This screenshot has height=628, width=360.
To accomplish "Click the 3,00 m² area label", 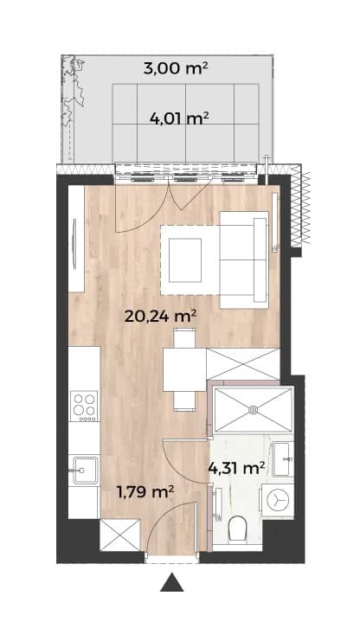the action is coord(176,68).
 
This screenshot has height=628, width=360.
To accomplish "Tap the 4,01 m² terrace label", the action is coord(179,119).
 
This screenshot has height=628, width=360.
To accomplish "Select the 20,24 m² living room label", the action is coord(160,317).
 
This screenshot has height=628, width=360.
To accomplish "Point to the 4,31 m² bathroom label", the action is coord(236,467).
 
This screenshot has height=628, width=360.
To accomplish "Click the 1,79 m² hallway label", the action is coord(145,491).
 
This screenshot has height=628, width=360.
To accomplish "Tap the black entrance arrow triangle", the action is coord(172,582).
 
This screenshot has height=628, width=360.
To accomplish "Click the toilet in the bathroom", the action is coord(236,528).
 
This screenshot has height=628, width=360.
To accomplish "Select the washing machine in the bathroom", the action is coord(278,501).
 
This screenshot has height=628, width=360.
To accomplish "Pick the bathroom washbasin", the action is coord(283,459).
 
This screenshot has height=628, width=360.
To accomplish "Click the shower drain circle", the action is coord(253,410).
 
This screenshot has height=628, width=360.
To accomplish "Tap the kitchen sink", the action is coord(84,471).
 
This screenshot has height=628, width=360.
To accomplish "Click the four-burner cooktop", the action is coord(84,406).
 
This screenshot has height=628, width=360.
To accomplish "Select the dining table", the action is coord(184,369).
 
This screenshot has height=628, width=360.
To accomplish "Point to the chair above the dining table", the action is coord(185,338).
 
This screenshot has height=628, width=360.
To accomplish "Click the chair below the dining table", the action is coord(184,401).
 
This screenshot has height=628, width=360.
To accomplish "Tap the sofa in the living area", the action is coord(244,260).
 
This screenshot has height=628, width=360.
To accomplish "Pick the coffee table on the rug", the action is coord(185,260).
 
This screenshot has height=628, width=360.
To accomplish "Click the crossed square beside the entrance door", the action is coord(120,535).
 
